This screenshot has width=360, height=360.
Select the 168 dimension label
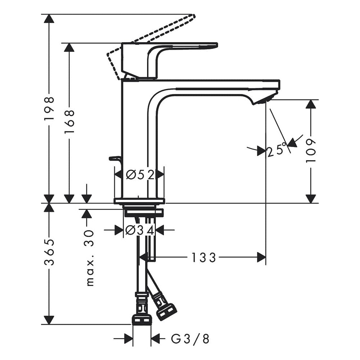point(69,122)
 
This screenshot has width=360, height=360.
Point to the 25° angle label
point(277,151)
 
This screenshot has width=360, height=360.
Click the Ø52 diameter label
point(140,175)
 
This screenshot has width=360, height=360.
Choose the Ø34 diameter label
point(140,230)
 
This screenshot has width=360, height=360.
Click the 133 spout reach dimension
point(203,257)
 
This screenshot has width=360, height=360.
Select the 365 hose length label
point(49,252)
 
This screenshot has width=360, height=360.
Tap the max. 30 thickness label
point(90,257)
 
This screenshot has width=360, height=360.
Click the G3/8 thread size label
point(190,338)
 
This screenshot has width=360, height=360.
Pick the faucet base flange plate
point(139,201)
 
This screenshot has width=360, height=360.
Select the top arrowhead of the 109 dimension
point(310,104)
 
